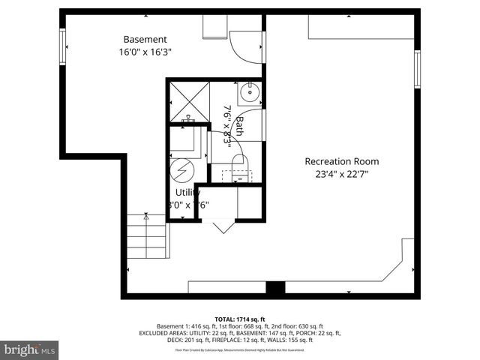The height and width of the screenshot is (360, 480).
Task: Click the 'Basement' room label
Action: pyautogui.click(x=145, y=39)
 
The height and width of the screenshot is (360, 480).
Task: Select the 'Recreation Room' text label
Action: pyautogui.click(x=341, y=161)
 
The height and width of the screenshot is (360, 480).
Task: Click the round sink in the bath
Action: pyautogui.click(x=250, y=94)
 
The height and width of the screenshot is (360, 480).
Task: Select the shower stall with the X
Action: pyautogui.click(x=187, y=101)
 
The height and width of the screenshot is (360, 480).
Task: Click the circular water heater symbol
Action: pyautogui.click(x=181, y=169)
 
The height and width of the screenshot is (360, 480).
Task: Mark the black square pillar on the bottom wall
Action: pyautogui.click(x=275, y=289)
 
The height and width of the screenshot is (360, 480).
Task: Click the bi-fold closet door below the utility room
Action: pyautogui.click(x=223, y=226)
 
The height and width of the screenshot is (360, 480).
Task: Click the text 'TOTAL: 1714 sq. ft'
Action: pyautogui.click(x=239, y=319)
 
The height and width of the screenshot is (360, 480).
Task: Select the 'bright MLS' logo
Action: pyautogui.click(x=30, y=349)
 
